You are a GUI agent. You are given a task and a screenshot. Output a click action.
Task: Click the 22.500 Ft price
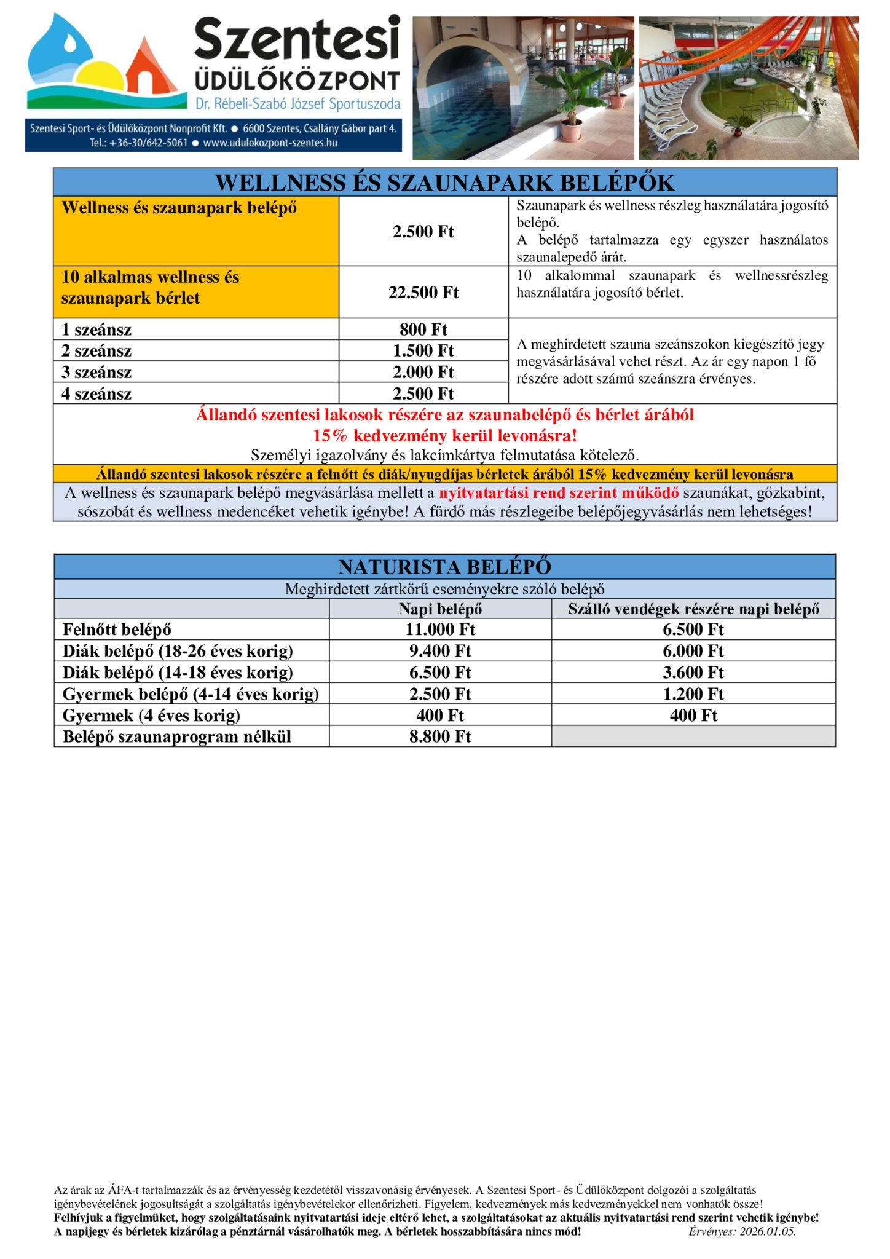423,293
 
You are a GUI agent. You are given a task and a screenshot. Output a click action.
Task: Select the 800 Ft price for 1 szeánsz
423,330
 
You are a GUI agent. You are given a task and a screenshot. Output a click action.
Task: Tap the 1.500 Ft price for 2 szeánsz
423,350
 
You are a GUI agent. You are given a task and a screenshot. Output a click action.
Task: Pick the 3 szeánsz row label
96,372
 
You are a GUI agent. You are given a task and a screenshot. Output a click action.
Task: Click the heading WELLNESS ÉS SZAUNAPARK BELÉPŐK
444,183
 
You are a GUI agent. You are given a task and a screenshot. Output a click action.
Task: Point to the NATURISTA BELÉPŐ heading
444,566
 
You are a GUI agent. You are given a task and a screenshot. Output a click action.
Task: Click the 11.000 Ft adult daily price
440,629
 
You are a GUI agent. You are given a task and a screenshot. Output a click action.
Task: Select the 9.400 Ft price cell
440,651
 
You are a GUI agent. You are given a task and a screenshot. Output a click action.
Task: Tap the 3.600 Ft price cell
693,673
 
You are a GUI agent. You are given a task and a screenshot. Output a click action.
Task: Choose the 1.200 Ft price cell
693,694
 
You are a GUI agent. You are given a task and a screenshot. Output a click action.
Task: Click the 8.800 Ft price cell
440,736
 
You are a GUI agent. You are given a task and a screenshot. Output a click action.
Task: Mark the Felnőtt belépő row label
117,629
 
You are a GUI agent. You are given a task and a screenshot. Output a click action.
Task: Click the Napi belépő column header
440,609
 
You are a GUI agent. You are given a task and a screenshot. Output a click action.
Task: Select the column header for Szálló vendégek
693,609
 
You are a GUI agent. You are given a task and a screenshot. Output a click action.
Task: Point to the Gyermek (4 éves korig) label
151,716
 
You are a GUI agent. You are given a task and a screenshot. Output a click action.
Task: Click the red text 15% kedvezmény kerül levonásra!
444,436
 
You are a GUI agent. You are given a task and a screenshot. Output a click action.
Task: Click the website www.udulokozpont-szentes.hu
270,143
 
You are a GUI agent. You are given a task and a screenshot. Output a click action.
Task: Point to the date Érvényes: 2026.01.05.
742,1231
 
